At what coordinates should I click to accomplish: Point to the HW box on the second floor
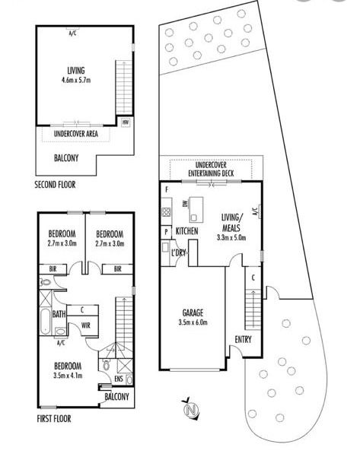pyautogui.click(x=125, y=121)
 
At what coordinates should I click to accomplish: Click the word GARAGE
pyautogui.click(x=192, y=313)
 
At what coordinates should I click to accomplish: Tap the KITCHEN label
pyautogui.click(x=187, y=230)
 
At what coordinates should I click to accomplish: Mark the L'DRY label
pyautogui.click(x=180, y=252)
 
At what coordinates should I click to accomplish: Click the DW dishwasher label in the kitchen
pyautogui.click(x=185, y=205)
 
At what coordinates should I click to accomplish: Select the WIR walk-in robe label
pyautogui.click(x=86, y=326)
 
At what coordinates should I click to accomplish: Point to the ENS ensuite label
pyautogui.click(x=117, y=378)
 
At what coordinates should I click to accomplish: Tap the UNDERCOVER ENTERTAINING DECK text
pyautogui.click(x=215, y=170)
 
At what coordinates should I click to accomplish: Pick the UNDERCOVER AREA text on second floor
pyautogui.click(x=75, y=134)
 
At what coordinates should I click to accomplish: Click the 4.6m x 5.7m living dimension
pyautogui.click(x=75, y=80)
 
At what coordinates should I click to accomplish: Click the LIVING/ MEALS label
pyautogui.click(x=232, y=223)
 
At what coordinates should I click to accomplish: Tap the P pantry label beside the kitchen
pyautogui.click(x=165, y=232)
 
